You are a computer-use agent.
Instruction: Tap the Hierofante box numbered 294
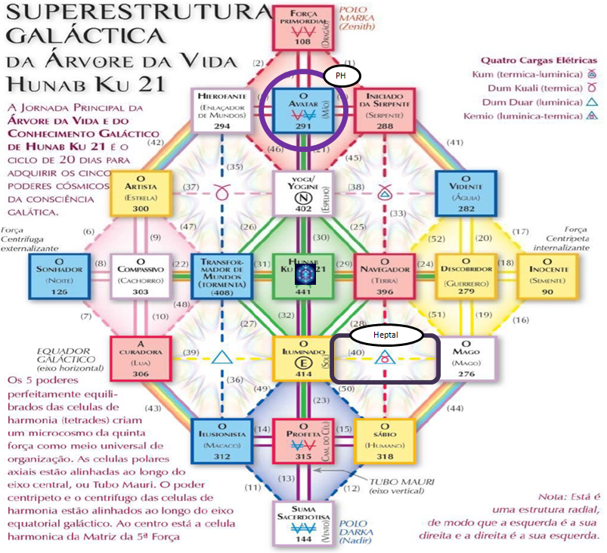coord(221,110)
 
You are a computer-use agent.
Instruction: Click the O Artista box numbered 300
coord(141,193)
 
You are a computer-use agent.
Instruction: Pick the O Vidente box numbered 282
coord(466,193)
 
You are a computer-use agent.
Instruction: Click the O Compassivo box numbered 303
coord(141,275)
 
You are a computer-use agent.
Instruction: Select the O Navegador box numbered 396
coord(383,275)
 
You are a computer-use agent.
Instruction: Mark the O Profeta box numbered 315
coord(302,440)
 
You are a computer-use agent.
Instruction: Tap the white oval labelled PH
coord(342,76)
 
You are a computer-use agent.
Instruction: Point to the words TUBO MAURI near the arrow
coord(392,480)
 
